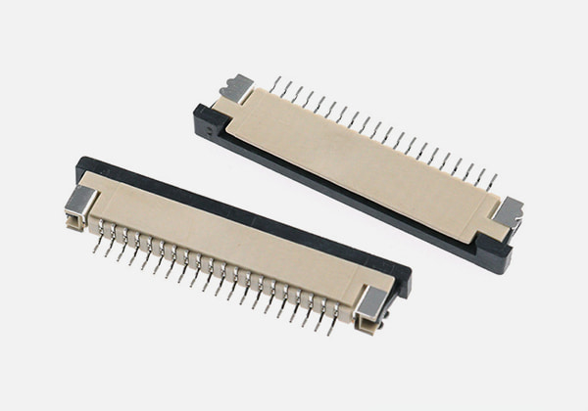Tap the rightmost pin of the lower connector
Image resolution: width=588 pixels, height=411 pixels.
[x=332, y=322]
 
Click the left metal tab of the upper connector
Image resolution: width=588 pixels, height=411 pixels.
[x=239, y=88]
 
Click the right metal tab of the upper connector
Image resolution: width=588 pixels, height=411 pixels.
[x=510, y=211]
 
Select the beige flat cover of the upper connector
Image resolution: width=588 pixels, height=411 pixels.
[x=363, y=157]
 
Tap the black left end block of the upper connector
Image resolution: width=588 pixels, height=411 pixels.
[x=208, y=117]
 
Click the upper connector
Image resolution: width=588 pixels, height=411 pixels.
[x=363, y=161]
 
